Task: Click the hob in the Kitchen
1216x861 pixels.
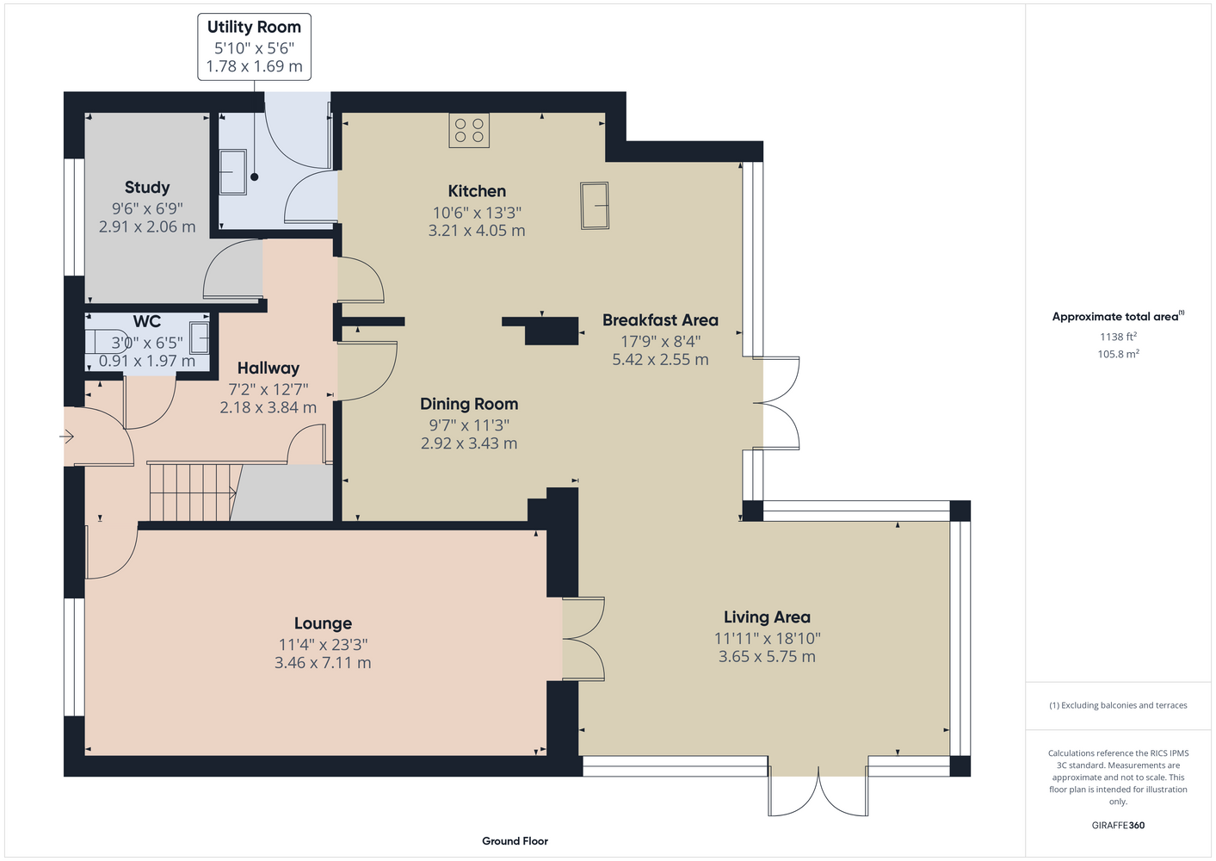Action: pos(469,130)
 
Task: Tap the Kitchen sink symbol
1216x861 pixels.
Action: pos(595,206)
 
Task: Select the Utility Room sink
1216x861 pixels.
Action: pos(233,171)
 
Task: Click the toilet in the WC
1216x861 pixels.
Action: pos(108,342)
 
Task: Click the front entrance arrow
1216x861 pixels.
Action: pos(67,437)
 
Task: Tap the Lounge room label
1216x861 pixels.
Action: pos(323,623)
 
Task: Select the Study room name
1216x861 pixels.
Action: pos(147,188)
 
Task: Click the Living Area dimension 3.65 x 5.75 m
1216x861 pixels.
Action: pos(767,657)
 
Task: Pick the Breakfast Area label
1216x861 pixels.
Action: pos(660,320)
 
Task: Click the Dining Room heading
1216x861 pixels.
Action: pos(469,404)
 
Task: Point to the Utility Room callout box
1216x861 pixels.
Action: pos(254,47)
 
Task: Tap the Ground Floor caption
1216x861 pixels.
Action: pos(515,841)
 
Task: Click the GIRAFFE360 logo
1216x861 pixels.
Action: pos(1118,825)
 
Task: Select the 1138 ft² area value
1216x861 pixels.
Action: pos(1118,337)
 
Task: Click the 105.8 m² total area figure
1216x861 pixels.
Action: pos(1118,354)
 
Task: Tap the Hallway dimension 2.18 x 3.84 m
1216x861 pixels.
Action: pos(269,407)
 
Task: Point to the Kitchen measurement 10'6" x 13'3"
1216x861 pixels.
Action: pos(477,213)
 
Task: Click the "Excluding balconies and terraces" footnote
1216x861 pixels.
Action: pos(1118,705)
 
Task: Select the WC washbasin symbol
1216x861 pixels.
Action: pos(200,338)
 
